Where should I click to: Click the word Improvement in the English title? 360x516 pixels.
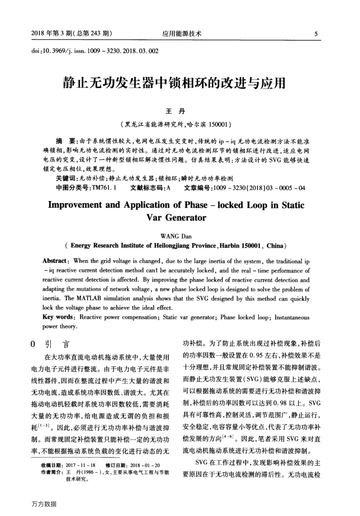[x=82, y=206]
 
